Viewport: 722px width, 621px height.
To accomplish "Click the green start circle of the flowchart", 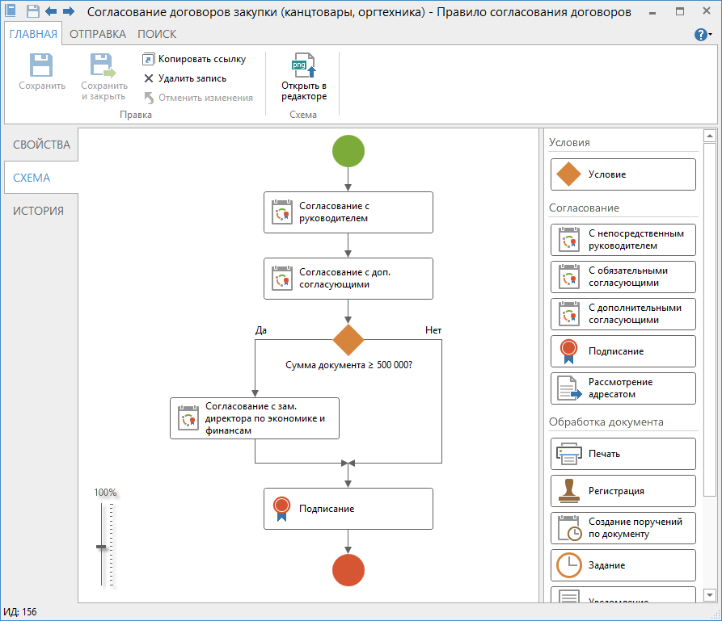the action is tap(348, 151).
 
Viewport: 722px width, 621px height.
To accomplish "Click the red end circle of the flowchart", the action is tap(348, 570).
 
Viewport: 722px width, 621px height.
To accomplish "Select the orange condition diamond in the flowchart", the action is tap(348, 340).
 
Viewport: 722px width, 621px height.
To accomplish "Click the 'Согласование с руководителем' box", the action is tap(348, 212).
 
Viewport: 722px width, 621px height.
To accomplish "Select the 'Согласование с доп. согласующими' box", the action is tap(348, 279).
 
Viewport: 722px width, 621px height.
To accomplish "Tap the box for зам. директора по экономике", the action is tap(255, 418).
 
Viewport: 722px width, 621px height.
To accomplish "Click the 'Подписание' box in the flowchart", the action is tap(348, 509).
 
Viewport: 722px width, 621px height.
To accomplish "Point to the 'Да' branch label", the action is tap(261, 330).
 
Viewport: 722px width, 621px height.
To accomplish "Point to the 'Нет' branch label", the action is tap(433, 330).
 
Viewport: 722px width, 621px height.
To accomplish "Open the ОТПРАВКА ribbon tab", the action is tap(98, 34).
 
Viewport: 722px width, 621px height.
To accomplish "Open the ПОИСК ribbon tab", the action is tap(157, 34).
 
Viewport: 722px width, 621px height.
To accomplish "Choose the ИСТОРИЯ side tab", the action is tap(38, 211).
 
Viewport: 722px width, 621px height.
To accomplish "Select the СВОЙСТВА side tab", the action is tap(41, 145).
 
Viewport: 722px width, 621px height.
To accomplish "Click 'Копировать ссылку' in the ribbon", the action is tap(194, 59).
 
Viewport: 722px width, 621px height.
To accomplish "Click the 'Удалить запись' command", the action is tap(185, 78).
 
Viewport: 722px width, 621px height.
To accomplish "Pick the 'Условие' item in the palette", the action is tap(623, 174).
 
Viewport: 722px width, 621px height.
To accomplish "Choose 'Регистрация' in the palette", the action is tap(623, 491).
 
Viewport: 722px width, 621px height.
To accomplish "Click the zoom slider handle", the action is tap(101, 547).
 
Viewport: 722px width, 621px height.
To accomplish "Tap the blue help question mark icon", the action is tap(701, 35).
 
